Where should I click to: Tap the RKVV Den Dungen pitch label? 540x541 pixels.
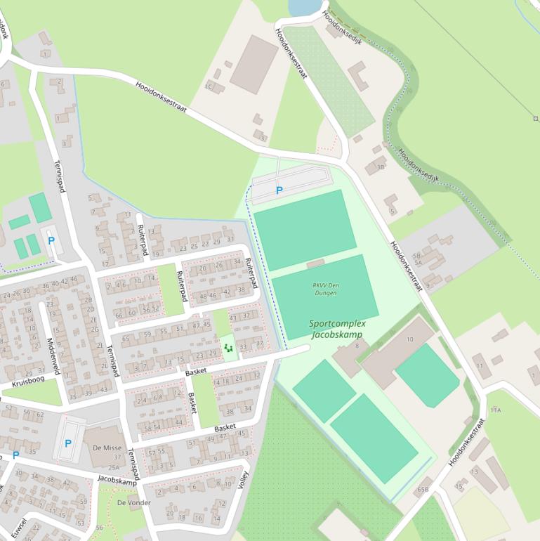click(x=324, y=288)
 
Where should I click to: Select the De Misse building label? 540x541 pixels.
click(x=107, y=448)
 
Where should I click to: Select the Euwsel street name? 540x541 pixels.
click(x=19, y=528)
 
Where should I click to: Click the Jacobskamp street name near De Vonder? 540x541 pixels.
click(x=117, y=481)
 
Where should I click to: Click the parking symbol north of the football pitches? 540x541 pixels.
click(x=279, y=190)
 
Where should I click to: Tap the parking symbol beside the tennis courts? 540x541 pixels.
click(x=51, y=240)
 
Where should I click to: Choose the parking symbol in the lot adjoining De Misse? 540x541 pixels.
click(x=67, y=443)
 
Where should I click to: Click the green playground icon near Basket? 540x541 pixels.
click(x=228, y=347)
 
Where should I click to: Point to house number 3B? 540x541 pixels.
click(x=380, y=167)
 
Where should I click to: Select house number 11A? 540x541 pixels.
click(x=496, y=410)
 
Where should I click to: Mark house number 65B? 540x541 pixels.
click(x=423, y=489)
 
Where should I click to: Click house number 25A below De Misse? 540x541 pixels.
click(x=113, y=467)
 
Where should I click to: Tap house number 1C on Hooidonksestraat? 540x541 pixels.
click(x=209, y=86)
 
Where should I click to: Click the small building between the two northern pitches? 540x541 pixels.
click(x=316, y=263)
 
